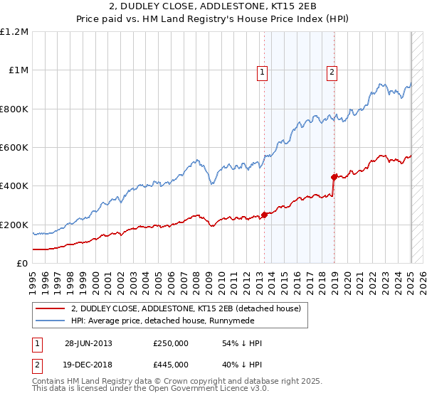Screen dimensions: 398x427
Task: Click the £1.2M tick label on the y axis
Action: coord(14,32)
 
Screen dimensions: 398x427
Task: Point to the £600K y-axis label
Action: coord(14,148)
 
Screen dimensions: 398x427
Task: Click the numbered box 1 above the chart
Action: coord(263,71)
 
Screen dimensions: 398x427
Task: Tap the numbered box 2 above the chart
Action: coord(332,71)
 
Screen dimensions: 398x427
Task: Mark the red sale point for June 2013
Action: coord(264,214)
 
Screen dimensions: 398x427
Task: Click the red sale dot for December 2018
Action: coord(334,176)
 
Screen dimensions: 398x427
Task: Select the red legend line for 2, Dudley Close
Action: coord(51,308)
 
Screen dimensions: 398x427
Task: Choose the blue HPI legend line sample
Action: coord(51,321)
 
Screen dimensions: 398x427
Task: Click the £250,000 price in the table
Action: coord(171,343)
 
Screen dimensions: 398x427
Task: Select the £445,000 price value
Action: coord(171,364)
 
